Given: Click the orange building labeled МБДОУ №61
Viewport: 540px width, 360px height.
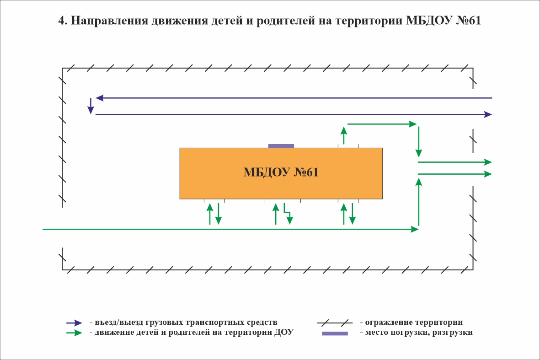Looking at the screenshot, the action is pos(281,173).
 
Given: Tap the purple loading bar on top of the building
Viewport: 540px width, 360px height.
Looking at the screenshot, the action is pos(281,146).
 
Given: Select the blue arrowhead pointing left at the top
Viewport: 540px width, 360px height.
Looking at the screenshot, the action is pos(100,98).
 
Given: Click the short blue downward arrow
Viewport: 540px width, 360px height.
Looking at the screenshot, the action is pos(91,106).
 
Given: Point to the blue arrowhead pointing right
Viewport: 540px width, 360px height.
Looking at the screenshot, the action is pos(488,114).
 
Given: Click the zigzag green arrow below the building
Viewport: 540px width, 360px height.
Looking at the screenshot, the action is pos(288,214).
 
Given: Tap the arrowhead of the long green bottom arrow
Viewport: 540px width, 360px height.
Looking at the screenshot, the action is pos(415,229).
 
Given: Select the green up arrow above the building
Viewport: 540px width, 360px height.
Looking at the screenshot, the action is pos(343,135).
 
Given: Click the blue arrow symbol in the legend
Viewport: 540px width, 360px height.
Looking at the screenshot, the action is pos(75,323).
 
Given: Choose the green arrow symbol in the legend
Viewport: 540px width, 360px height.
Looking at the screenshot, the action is pos(75,333).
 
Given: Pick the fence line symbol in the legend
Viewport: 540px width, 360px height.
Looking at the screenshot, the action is pos(335,323).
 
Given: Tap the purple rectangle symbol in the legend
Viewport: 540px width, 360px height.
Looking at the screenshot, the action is pos(335,333).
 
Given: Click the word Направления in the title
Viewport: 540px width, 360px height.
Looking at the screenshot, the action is pos(110,21).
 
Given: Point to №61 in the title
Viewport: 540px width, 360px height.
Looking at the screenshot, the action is pos(468,21).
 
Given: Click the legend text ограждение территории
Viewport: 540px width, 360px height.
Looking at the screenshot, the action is pos(414,322).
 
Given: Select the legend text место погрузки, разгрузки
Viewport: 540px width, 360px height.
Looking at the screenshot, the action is pos(419,333).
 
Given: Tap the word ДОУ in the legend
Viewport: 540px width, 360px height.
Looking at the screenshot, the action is pos(284,332).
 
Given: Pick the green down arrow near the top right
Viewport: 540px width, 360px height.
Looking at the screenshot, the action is pos(419,142).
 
